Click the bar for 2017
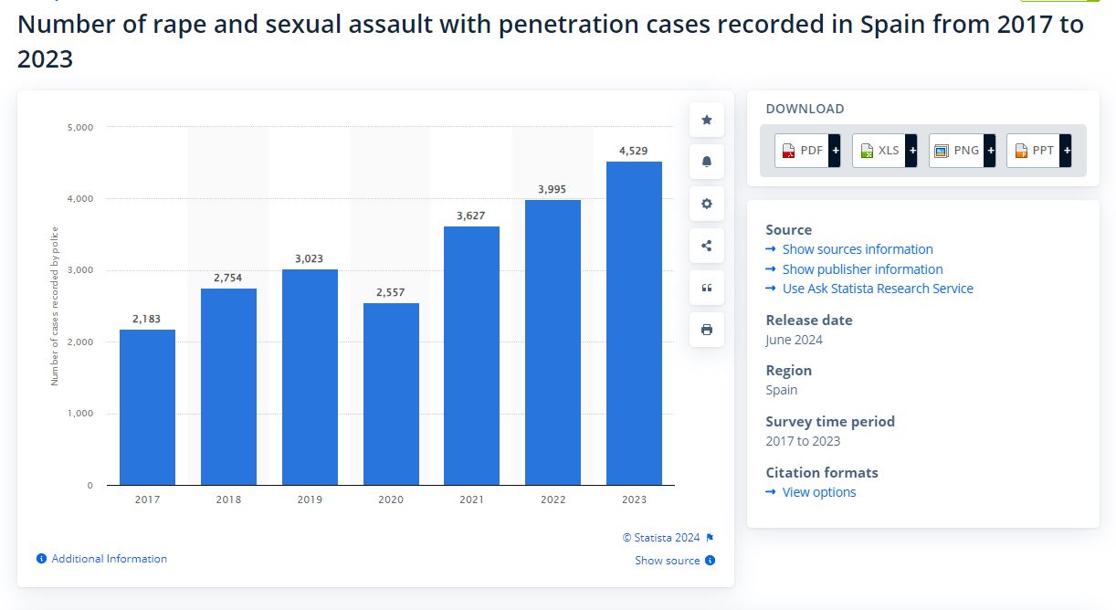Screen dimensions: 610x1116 [x=147, y=407]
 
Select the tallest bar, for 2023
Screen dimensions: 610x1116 [x=634, y=323]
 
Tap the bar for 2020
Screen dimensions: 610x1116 [x=391, y=394]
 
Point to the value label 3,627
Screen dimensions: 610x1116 [x=471, y=216]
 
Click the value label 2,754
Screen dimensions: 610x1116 [x=228, y=278]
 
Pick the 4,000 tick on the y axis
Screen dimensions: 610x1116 [x=80, y=199]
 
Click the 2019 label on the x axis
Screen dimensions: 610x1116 [x=310, y=500]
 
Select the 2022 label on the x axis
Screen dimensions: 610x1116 [x=553, y=500]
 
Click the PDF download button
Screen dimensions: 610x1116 [x=807, y=151]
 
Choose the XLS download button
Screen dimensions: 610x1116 [x=884, y=151]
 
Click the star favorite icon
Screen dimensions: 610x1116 [x=706, y=120]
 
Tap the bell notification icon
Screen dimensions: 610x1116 [x=706, y=162]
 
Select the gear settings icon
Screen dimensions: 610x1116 [x=706, y=204]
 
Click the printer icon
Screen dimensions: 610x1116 [x=706, y=330]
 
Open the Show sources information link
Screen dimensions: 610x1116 [x=857, y=249]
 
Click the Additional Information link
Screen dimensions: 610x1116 [x=109, y=559]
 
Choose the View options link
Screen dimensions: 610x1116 [x=818, y=492]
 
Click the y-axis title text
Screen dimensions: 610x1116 [x=55, y=306]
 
